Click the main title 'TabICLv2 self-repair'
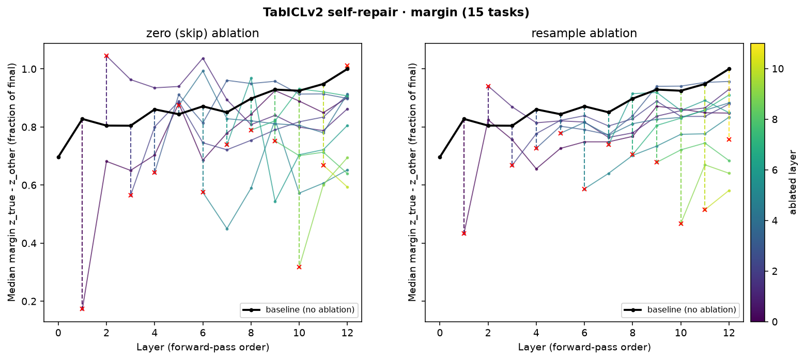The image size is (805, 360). [330, 12]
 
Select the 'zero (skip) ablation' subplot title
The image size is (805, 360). [203, 34]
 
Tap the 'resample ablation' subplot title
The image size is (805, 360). [584, 34]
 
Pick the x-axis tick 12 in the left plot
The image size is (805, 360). [347, 333]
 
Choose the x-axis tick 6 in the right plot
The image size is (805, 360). [584, 333]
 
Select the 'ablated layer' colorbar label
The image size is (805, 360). [793, 182]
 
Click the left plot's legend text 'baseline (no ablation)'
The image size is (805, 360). [310, 310]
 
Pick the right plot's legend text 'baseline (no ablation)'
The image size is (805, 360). [691, 310]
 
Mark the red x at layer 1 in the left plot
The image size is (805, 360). [82, 309]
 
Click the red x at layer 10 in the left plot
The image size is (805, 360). [299, 267]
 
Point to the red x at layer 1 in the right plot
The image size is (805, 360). [464, 233]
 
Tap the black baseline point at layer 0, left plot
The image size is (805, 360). [58, 158]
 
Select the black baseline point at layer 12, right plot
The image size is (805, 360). [729, 69]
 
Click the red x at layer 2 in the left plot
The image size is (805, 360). [106, 56]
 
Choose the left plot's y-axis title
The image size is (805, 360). [11, 182]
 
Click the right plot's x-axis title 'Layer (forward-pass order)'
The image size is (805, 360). [584, 347]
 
